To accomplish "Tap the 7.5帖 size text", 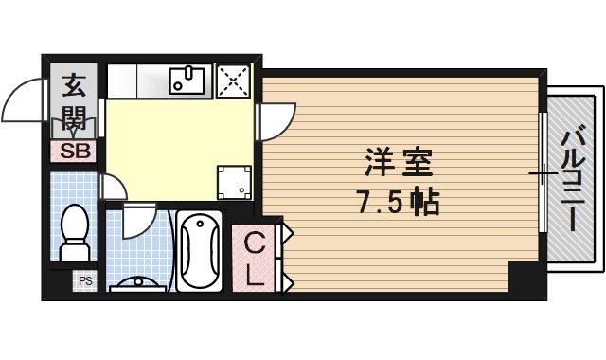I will (397, 202).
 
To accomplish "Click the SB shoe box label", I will (74, 151).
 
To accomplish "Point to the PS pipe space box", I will (85, 280).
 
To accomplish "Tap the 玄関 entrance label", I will (74, 105).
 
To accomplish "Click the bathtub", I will (199, 251).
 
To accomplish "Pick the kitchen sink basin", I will (190, 81).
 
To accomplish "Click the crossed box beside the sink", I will (232, 81).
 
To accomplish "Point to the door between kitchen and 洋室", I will (276, 118).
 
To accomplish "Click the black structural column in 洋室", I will (522, 278).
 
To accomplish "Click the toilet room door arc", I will (111, 186).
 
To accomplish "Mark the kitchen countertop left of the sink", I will (137, 81).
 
